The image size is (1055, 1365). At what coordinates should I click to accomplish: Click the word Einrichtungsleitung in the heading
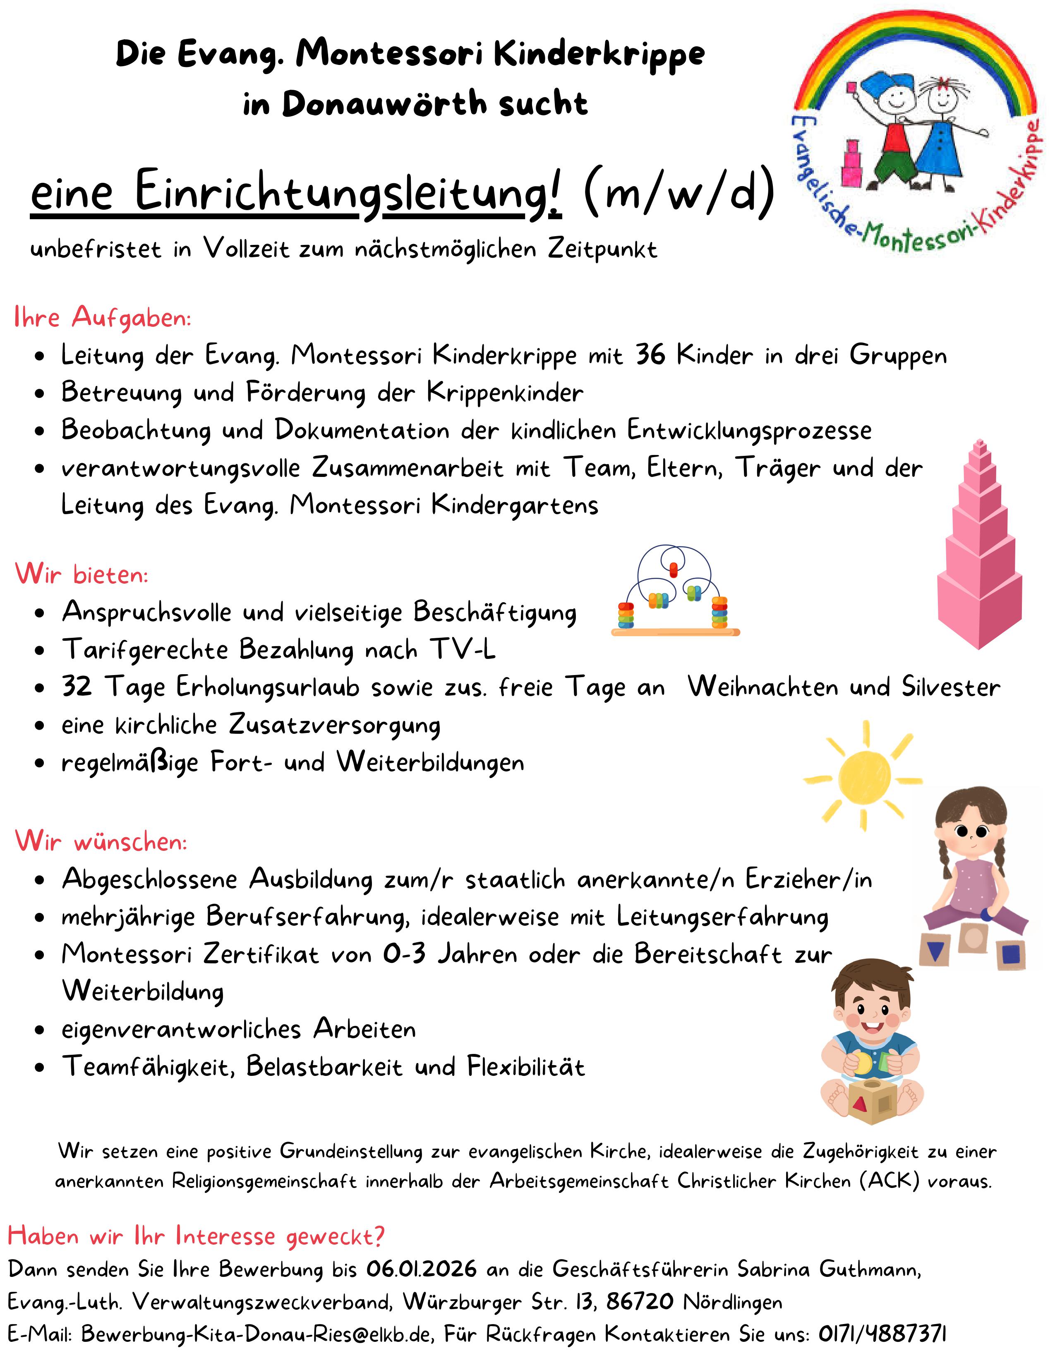click(348, 192)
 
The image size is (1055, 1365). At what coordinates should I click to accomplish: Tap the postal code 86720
click(639, 1301)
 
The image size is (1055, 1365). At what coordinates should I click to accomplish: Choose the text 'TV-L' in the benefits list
click(463, 650)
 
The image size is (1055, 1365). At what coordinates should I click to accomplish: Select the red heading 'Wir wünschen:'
click(101, 841)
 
